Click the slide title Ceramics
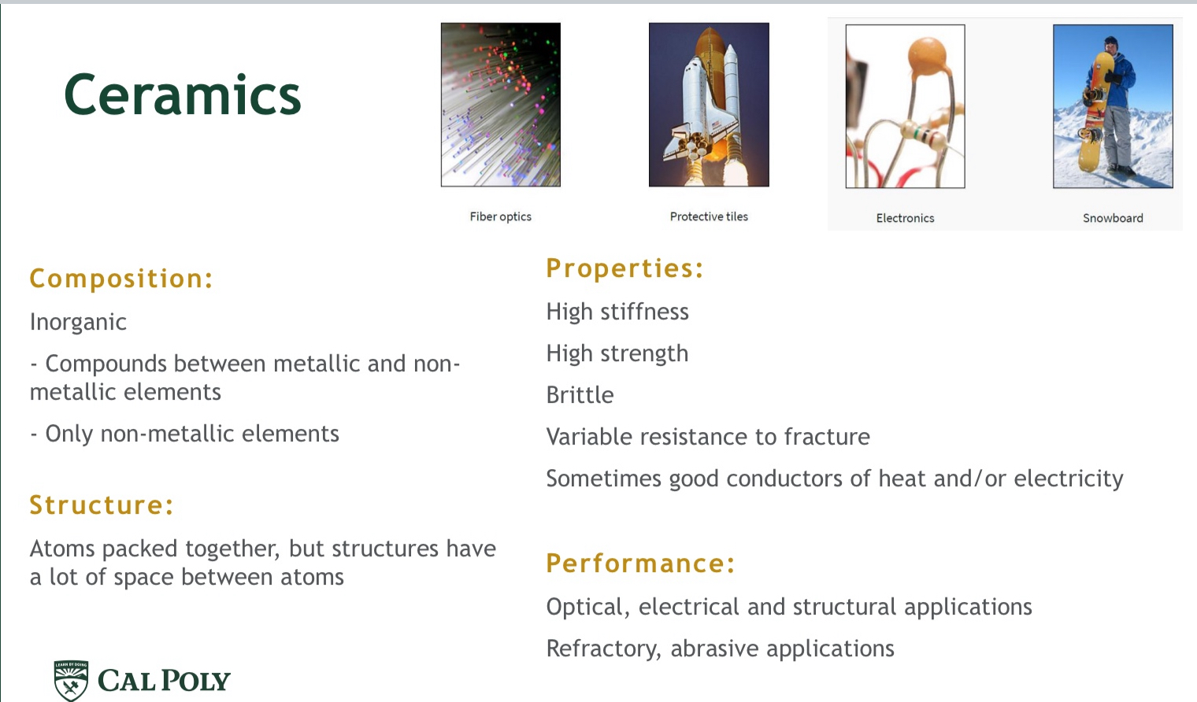tap(182, 95)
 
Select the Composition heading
tap(121, 279)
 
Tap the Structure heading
tap(102, 505)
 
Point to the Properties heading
tap(624, 268)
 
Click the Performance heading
tap(640, 563)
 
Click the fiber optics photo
tap(501, 105)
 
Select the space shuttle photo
tap(709, 105)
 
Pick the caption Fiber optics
tap(501, 216)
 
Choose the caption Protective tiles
tap(709, 216)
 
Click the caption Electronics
tap(905, 218)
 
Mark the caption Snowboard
tap(1113, 218)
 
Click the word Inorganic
tap(78, 322)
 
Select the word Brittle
tap(580, 395)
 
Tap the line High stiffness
tap(617, 312)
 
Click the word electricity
tap(1068, 478)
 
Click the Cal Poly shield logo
tap(71, 680)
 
